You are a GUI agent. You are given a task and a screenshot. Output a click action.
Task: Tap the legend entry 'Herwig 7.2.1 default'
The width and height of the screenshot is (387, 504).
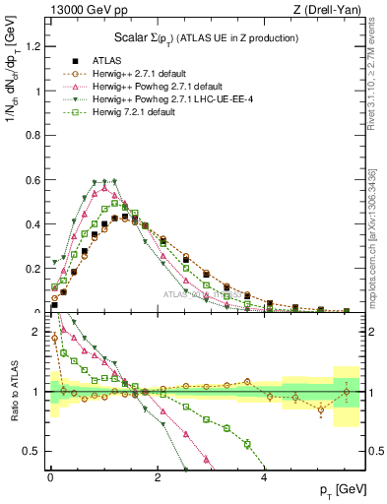tap(139, 110)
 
